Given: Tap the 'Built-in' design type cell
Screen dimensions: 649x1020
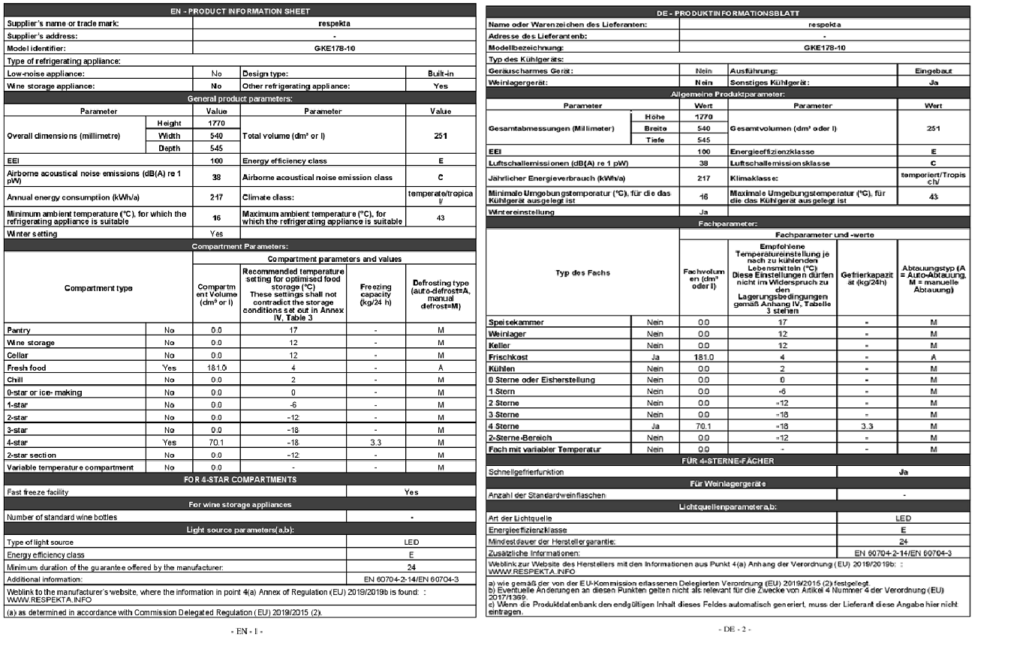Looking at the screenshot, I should [441, 74].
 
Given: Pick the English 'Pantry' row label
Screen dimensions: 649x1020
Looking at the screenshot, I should [19, 329].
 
